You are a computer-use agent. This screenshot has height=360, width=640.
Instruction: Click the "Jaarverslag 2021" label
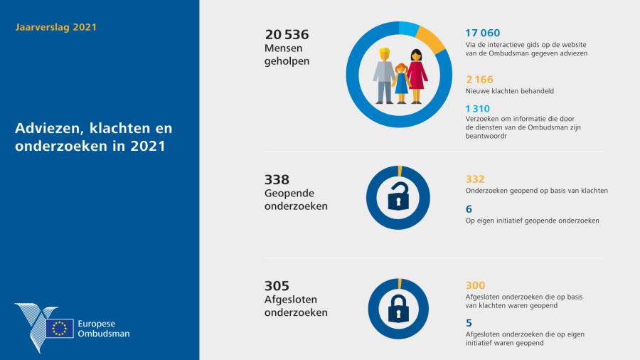click(55, 28)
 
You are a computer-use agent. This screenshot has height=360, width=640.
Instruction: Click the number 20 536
click(287, 34)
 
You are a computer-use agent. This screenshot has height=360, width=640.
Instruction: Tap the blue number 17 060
click(482, 33)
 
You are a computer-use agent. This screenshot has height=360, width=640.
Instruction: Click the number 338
click(277, 180)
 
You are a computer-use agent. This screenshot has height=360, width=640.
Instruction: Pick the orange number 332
click(475, 179)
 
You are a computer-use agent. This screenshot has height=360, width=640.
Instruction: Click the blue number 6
click(469, 208)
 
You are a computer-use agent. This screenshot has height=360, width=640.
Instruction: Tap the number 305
click(276, 286)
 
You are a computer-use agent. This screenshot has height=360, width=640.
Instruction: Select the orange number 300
click(475, 285)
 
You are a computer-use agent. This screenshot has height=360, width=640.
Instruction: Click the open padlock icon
click(398, 197)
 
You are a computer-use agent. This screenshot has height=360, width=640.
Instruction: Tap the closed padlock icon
click(398, 307)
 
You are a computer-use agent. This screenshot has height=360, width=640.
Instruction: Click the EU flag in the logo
click(60, 328)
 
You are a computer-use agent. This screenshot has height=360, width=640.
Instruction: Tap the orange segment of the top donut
click(430, 38)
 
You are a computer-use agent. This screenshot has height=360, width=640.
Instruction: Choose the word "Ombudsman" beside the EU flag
click(105, 333)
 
